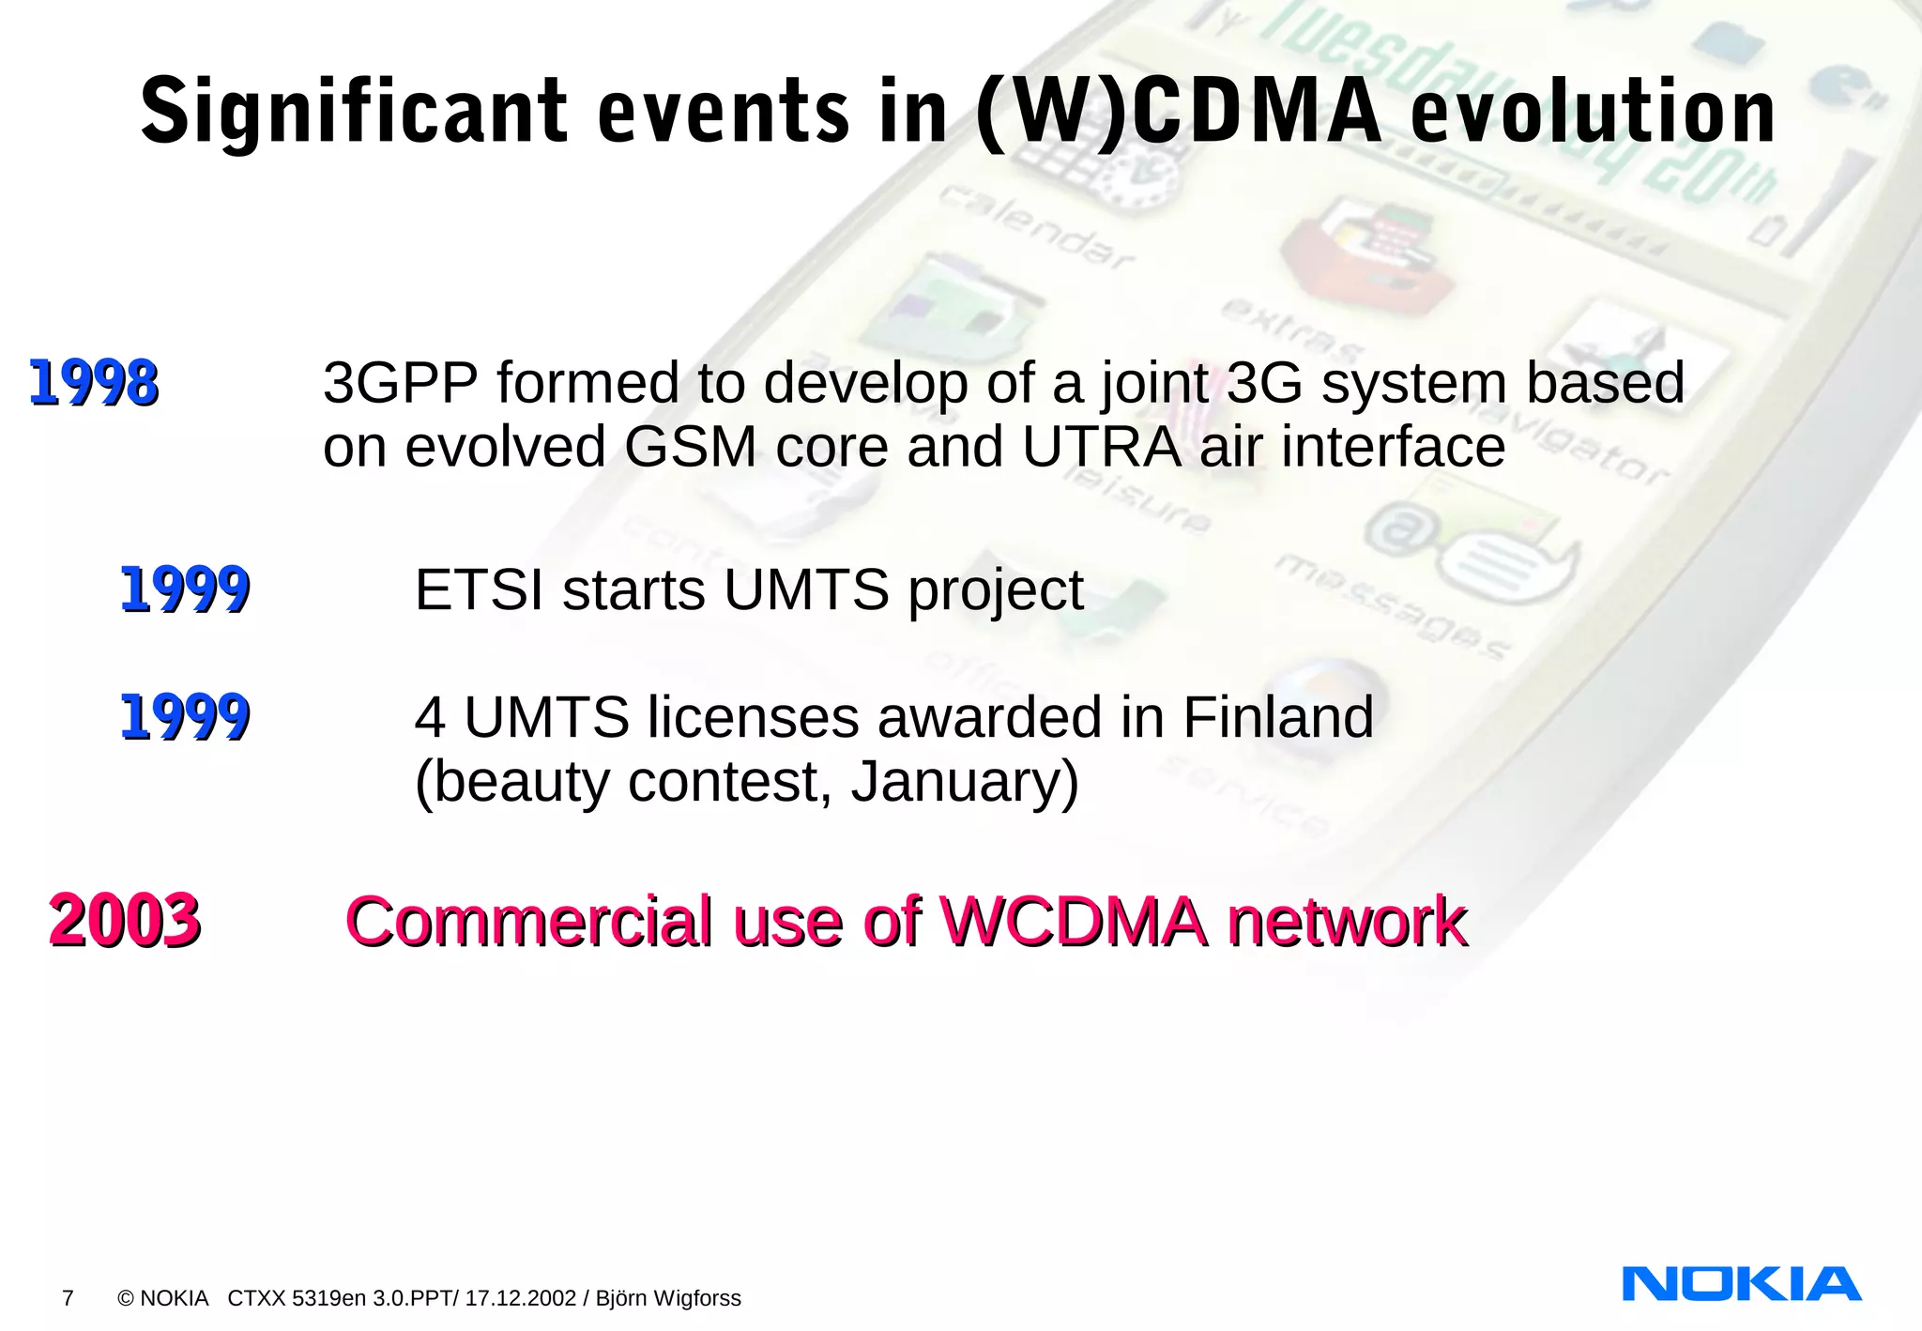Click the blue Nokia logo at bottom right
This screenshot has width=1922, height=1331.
coord(1741,1283)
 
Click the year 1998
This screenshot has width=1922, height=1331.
coord(94,384)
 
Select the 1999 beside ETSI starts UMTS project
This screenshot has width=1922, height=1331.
coord(185,590)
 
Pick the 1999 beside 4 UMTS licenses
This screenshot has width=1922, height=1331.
coord(185,718)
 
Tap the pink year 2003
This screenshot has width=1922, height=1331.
coord(125,921)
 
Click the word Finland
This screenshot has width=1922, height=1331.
coord(1277,718)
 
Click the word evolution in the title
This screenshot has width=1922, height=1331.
coord(1593,113)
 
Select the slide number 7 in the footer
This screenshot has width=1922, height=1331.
coord(68,1298)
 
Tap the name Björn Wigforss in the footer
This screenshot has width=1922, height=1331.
coord(668,1298)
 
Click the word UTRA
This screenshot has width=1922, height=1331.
coord(1102,448)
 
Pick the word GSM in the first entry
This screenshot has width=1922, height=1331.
coord(690,448)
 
